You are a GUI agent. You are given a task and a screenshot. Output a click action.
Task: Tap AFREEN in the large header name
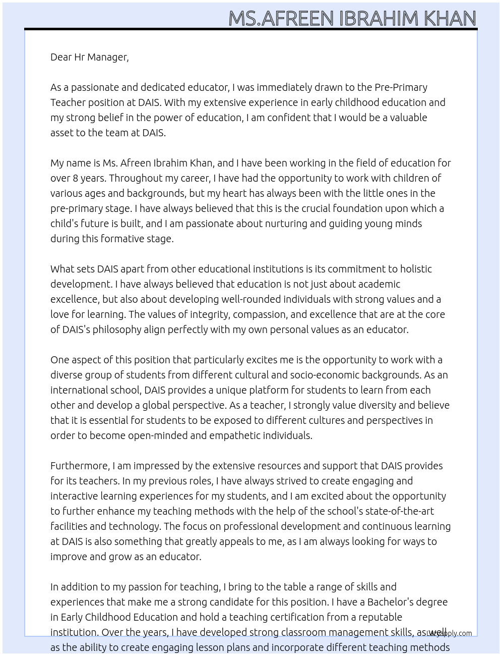coord(298,19)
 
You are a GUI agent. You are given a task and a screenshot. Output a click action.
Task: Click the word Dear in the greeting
coord(61,57)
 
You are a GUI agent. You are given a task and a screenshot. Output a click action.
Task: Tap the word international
coord(80,390)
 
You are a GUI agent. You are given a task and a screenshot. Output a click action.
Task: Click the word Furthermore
coord(80,466)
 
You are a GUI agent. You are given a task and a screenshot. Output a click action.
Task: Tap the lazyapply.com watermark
coord(450,633)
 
